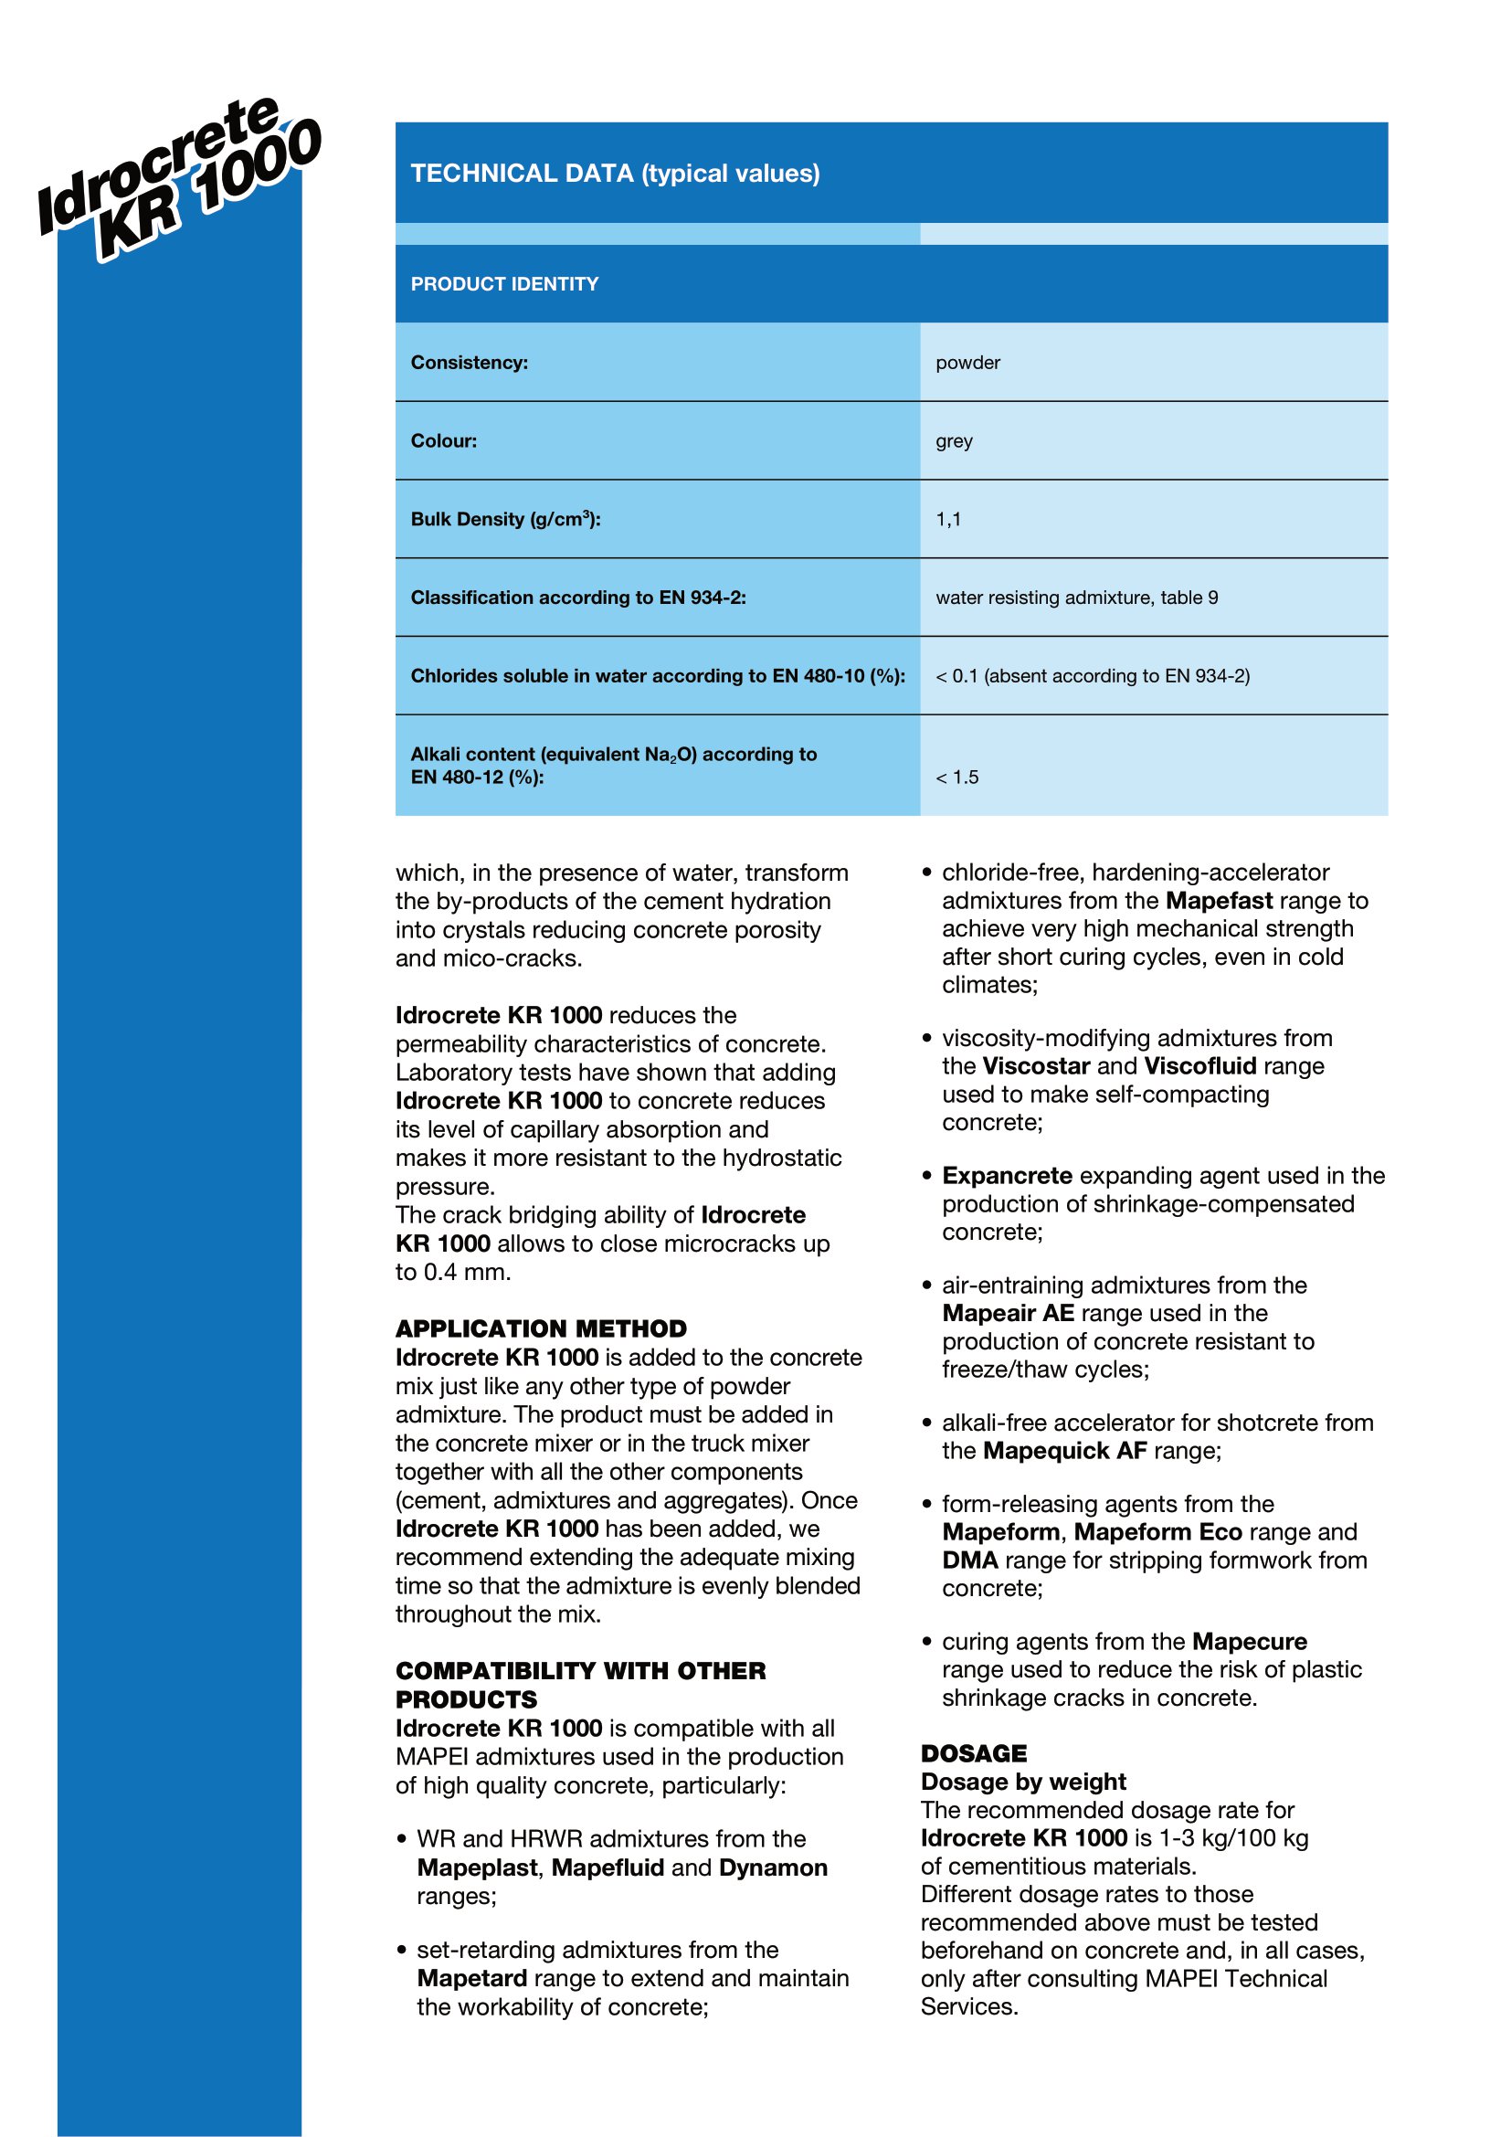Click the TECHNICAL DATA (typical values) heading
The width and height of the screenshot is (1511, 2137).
click(x=615, y=173)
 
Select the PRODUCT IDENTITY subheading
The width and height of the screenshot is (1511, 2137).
click(x=504, y=284)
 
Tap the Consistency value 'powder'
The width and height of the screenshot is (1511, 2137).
click(x=967, y=362)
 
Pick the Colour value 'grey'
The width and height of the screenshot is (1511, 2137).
click(x=954, y=440)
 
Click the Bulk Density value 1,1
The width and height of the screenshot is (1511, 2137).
click(x=948, y=518)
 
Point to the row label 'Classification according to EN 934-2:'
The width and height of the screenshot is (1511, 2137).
click(x=577, y=598)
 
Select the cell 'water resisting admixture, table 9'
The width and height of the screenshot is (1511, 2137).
click(x=1076, y=598)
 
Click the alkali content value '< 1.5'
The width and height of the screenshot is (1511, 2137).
click(x=956, y=778)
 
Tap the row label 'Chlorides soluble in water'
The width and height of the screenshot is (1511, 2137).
click(x=657, y=676)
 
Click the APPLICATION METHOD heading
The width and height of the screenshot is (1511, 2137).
click(x=541, y=1328)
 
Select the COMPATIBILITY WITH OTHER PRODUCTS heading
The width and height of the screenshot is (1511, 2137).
click(x=580, y=1685)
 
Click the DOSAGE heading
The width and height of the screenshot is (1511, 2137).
click(x=973, y=1753)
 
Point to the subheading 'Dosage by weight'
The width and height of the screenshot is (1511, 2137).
click(x=1022, y=1782)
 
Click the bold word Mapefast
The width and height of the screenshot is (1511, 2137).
click(x=1219, y=901)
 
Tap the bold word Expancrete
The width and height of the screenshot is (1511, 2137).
click(x=1007, y=1176)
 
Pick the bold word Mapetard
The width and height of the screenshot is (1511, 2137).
click(x=471, y=1978)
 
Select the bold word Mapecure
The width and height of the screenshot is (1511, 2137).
click(x=1249, y=1641)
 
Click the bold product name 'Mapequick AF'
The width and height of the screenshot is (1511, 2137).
click(x=1064, y=1450)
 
